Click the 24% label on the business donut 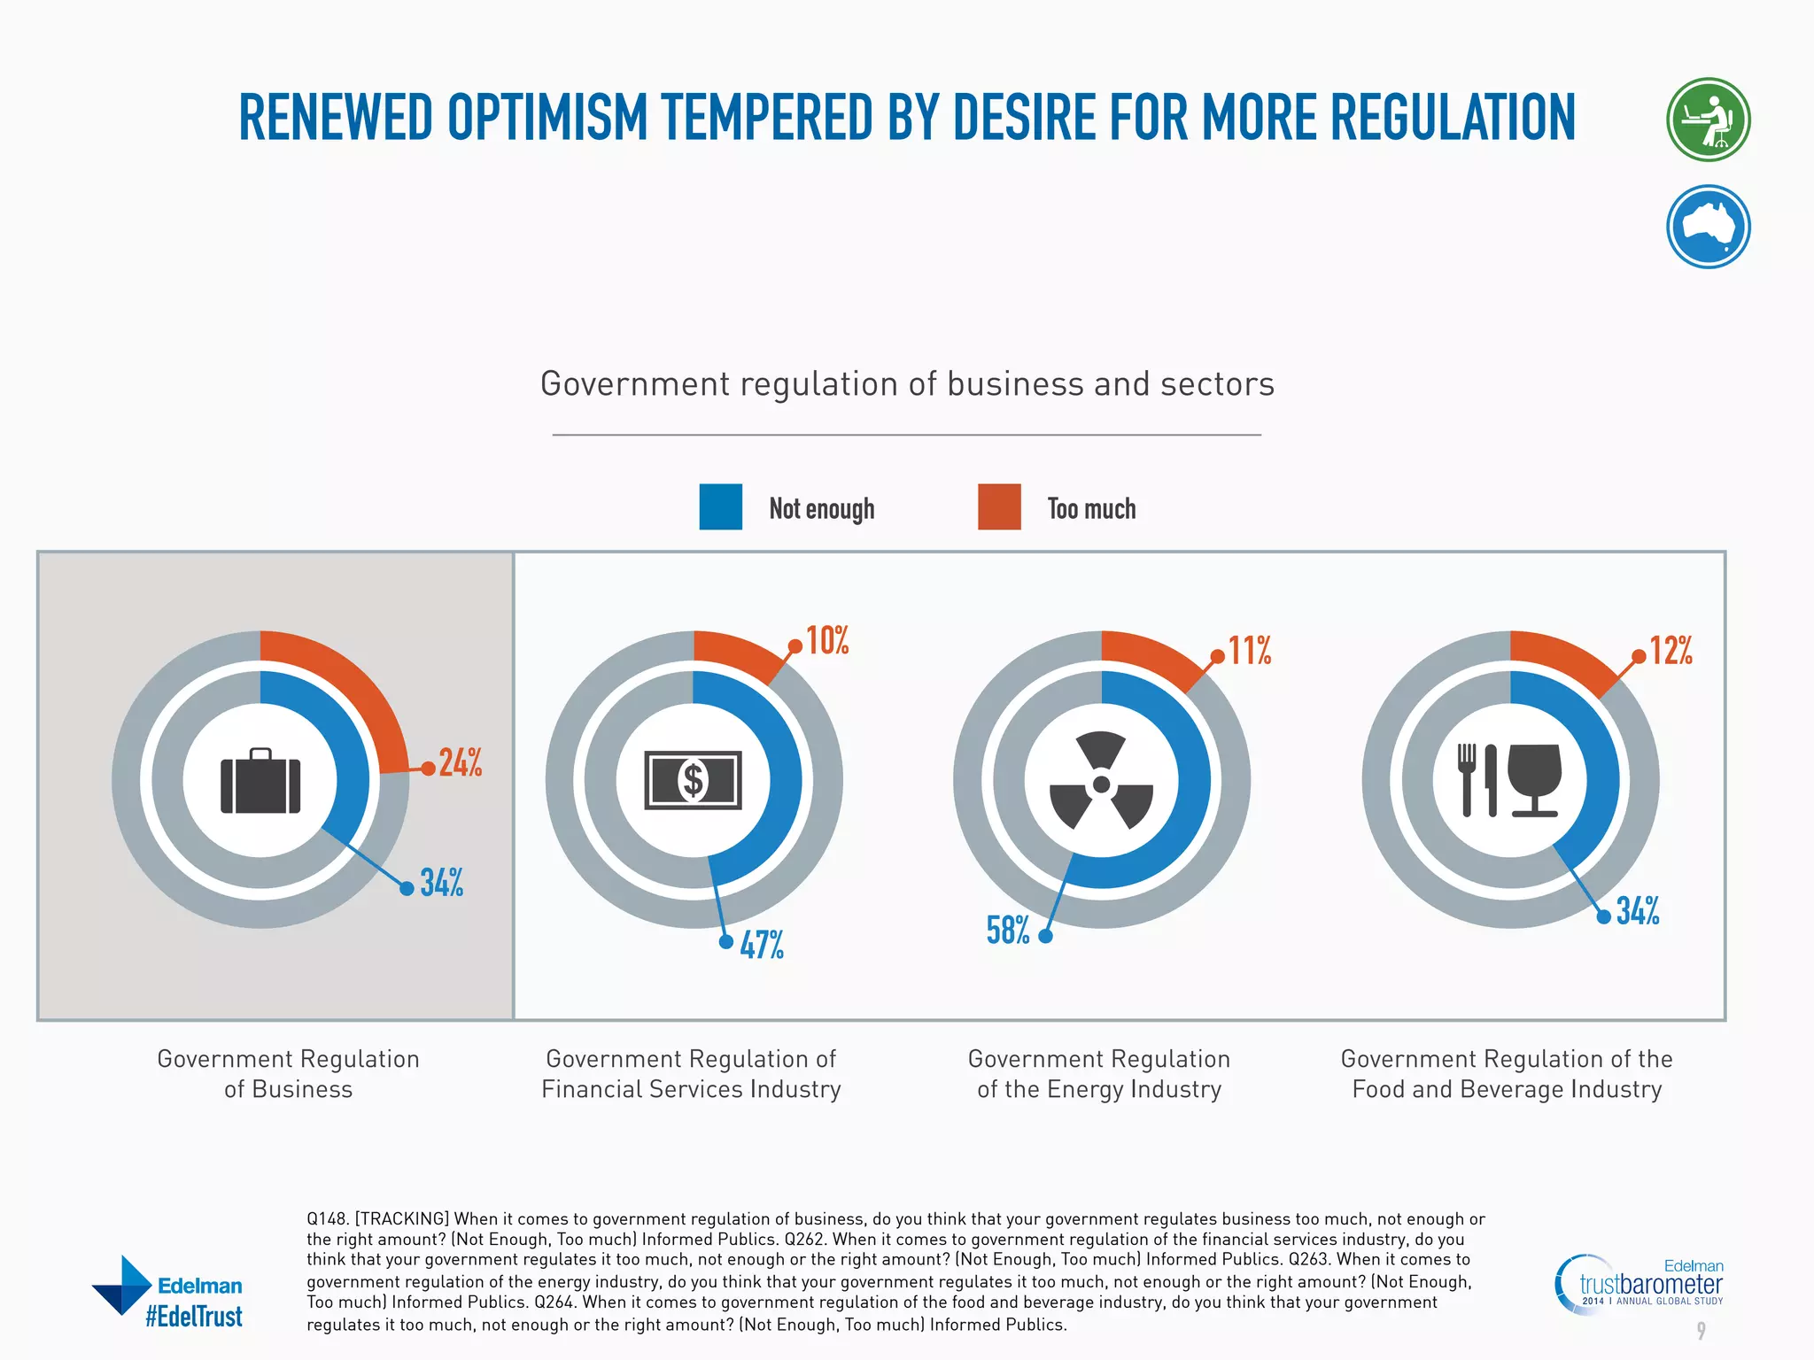click(x=460, y=762)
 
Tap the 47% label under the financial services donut click(x=762, y=945)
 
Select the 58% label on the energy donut click(x=1008, y=931)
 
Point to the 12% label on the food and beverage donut click(x=1671, y=651)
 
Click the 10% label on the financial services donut click(x=827, y=640)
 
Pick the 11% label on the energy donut click(x=1250, y=651)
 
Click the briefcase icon click(x=260, y=782)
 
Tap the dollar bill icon click(x=693, y=780)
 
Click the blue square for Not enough click(x=720, y=506)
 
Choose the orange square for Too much click(x=999, y=506)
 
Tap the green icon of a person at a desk click(x=1708, y=120)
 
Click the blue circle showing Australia click(x=1708, y=227)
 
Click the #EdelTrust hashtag click(x=194, y=1317)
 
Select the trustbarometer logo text click(x=1651, y=1284)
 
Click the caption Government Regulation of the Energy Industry click(x=1099, y=1074)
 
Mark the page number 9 click(x=1701, y=1330)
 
